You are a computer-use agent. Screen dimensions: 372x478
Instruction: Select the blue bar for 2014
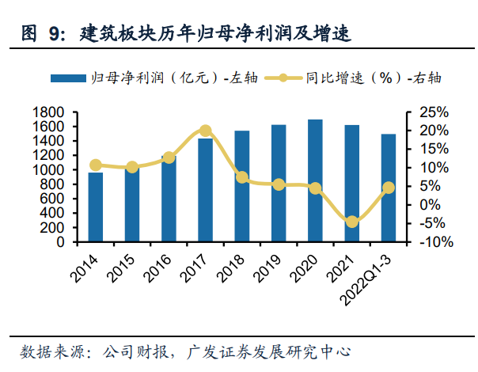(x=95, y=207)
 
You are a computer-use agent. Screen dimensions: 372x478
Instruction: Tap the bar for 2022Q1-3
(x=389, y=188)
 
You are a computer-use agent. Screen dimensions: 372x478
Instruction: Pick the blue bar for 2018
(x=242, y=186)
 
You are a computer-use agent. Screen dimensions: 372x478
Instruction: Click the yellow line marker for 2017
(x=205, y=131)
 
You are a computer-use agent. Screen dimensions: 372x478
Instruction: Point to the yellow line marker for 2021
(x=352, y=222)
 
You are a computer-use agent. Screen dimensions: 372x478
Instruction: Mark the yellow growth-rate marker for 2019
(x=279, y=184)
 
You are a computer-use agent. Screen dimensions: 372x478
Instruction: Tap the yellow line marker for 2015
(x=132, y=167)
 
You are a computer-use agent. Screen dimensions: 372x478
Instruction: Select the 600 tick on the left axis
(x=53, y=199)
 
